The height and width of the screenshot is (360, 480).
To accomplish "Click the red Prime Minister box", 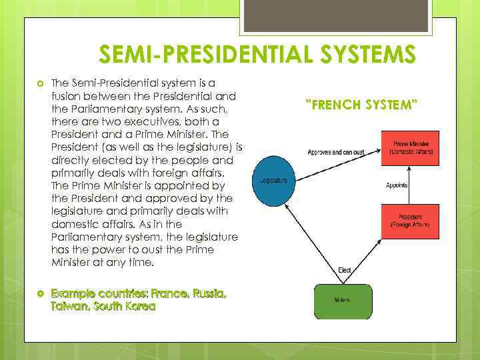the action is [x=411, y=148].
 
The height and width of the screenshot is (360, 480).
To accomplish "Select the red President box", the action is [x=411, y=221].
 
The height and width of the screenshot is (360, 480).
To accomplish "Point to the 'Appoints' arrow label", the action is [x=397, y=185].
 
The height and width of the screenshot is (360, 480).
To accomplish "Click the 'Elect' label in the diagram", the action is [x=344, y=271].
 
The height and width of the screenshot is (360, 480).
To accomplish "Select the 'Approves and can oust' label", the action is [x=335, y=153].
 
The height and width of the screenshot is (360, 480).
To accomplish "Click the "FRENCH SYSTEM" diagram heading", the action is [x=361, y=105].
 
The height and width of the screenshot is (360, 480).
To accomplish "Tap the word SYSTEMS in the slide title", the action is [x=360, y=53].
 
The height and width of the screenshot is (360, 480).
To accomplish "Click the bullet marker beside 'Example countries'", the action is [x=41, y=294].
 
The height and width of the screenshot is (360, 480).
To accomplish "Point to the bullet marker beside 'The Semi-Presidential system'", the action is [x=41, y=83].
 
